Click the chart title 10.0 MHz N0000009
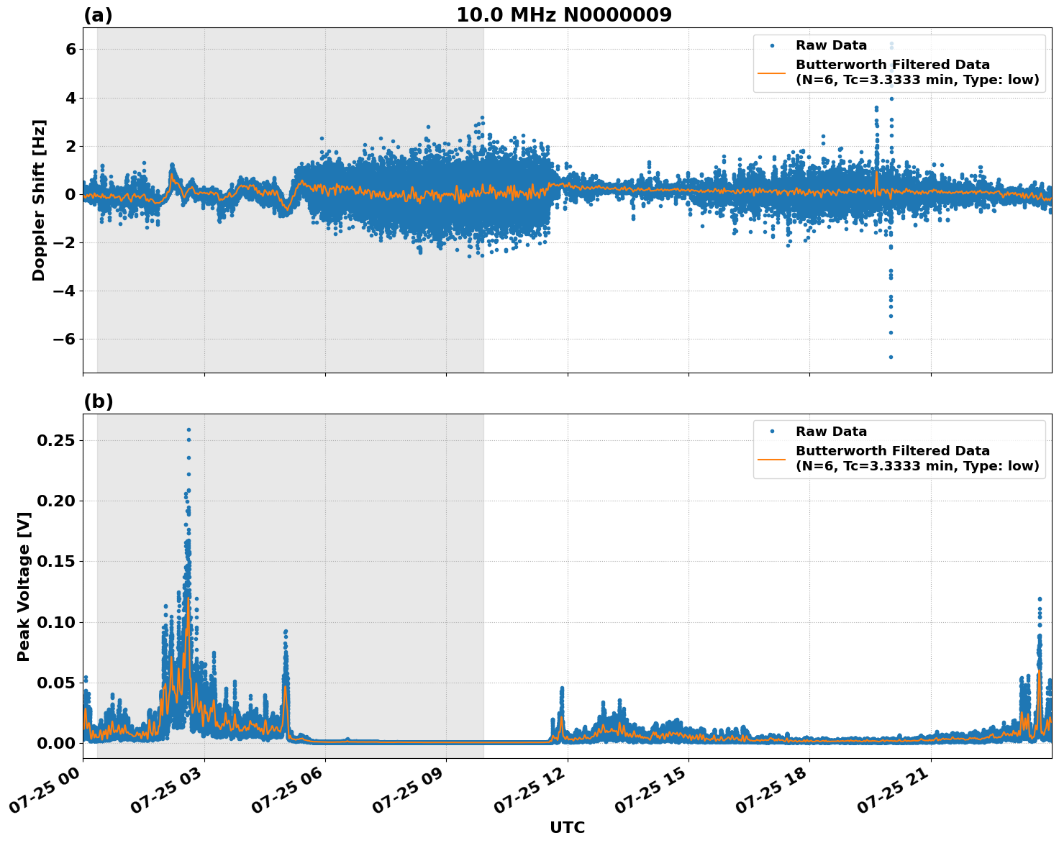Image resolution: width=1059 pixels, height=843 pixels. click(x=564, y=15)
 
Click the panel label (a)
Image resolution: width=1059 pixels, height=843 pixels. click(x=98, y=15)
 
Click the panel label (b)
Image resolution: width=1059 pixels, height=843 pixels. click(x=98, y=401)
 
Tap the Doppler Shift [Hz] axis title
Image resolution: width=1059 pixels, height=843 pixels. click(x=39, y=200)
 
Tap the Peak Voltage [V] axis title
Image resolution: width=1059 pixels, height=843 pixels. click(x=24, y=586)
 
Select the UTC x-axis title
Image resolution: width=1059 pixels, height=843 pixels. click(x=567, y=827)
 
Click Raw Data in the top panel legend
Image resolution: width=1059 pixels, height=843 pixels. click(x=831, y=45)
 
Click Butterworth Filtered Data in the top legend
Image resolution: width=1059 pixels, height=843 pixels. click(x=892, y=65)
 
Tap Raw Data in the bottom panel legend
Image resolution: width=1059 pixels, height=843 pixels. click(x=831, y=432)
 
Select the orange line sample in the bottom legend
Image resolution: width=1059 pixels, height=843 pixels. click(x=772, y=458)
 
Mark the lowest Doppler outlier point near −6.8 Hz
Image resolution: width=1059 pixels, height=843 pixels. click(x=891, y=357)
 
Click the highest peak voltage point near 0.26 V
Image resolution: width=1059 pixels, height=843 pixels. click(x=188, y=430)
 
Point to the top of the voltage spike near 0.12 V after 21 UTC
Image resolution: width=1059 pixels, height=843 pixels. click(x=1040, y=598)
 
